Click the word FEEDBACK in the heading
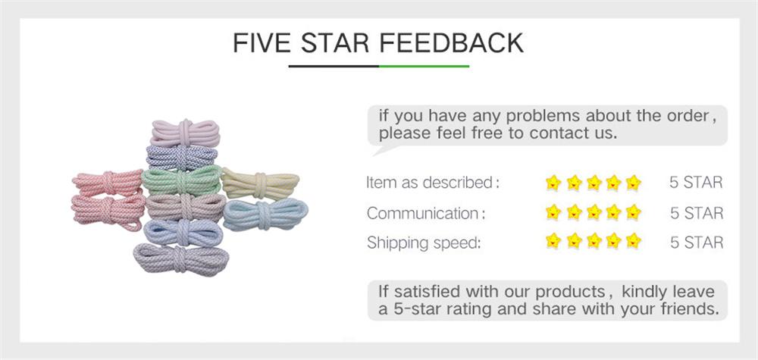click(451, 42)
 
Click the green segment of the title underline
click(424, 67)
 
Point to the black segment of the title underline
click(334, 67)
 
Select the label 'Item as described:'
click(433, 183)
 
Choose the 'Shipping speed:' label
click(424, 243)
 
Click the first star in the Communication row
click(554, 212)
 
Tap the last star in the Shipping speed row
click(633, 242)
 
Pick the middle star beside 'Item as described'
click(594, 182)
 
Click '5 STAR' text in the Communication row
click(696, 213)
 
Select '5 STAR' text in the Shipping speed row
click(696, 243)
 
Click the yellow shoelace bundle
click(260, 184)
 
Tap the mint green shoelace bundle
click(181, 181)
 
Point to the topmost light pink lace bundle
click(185, 131)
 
